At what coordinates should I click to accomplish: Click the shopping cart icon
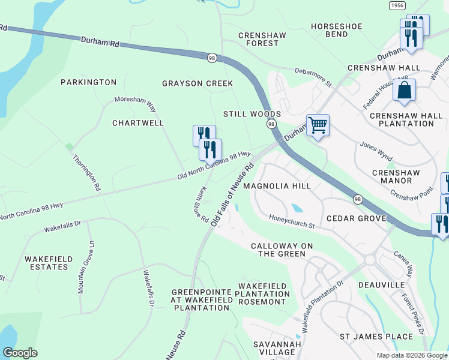[318, 126]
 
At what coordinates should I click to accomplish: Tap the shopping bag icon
[405, 91]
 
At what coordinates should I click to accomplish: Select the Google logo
[20, 353]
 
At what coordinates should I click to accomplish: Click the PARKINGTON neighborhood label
[88, 82]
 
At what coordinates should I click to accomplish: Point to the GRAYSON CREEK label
[197, 83]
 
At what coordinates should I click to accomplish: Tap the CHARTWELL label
[138, 123]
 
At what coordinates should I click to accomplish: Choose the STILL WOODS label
[252, 114]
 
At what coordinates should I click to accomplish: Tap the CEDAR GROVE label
[355, 218]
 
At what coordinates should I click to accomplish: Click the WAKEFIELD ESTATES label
[49, 263]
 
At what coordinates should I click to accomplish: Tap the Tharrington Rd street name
[86, 173]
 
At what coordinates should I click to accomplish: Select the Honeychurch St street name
[292, 221]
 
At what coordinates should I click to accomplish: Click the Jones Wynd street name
[376, 152]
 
